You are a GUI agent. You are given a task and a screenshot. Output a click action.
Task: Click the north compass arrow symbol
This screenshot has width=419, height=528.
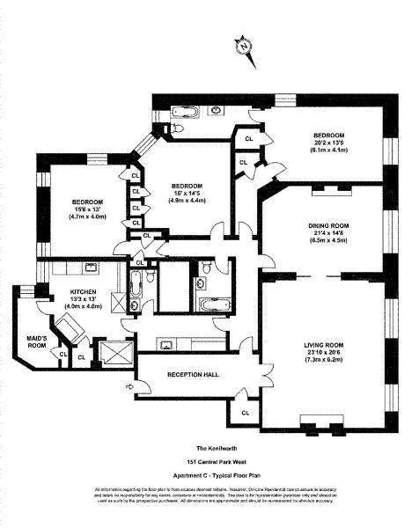tap(245, 48)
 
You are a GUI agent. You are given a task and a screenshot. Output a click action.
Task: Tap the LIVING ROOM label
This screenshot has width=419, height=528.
tap(325, 345)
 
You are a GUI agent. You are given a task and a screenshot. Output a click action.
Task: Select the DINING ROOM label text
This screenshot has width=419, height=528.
tap(327, 226)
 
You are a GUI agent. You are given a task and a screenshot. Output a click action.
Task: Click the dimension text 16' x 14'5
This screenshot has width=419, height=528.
tap(187, 194)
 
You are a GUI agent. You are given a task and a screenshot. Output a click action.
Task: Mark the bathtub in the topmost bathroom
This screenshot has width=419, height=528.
tap(187, 112)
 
